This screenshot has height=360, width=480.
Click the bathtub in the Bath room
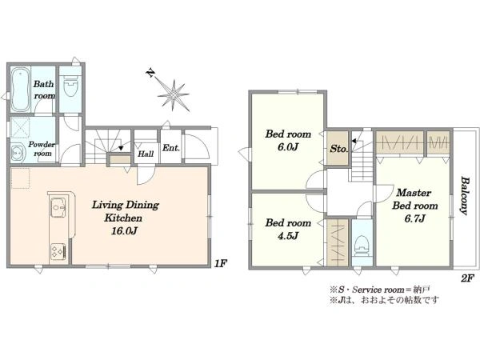tap(21, 90)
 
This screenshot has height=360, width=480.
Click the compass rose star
tap(174, 95)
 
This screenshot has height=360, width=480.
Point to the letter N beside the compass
tap(150, 73)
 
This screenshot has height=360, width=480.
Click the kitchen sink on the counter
tap(58, 207)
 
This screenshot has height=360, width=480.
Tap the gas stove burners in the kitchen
tap(58, 252)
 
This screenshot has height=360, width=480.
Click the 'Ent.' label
tap(171, 148)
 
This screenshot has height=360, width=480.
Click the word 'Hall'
tap(146, 154)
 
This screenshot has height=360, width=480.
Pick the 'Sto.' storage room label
tap(339, 149)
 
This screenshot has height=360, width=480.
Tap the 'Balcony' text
tap(464, 196)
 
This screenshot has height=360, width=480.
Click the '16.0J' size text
tap(124, 231)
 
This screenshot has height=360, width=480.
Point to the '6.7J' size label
tap(414, 219)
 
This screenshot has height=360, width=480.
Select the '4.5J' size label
tap(288, 236)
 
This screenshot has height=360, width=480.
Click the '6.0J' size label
tap(288, 147)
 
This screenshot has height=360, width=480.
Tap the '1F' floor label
tap(220, 263)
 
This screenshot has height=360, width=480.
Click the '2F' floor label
tap(467, 278)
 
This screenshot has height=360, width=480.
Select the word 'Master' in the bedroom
tap(414, 193)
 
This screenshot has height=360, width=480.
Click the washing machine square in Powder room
tap(20, 127)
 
